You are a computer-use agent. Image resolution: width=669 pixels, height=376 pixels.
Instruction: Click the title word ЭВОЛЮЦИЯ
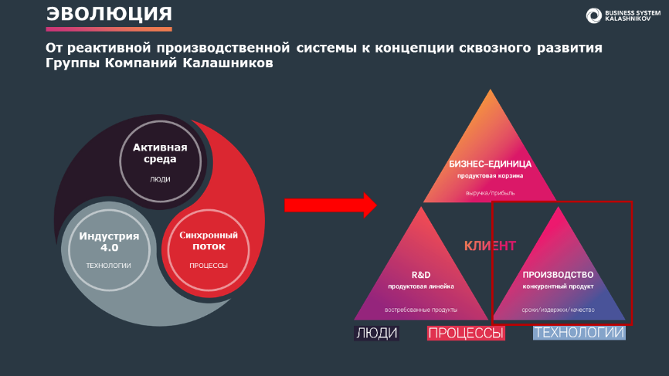(109, 14)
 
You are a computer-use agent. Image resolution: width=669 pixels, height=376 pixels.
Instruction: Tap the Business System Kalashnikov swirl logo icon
(593, 15)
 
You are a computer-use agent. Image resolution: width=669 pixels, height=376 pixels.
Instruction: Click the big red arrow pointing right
(331, 205)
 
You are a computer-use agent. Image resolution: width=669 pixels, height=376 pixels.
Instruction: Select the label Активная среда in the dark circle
(160, 153)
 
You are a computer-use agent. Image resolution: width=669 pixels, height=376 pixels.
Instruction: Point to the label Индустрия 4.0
(109, 242)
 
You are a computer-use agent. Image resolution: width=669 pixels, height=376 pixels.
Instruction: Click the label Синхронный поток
(209, 240)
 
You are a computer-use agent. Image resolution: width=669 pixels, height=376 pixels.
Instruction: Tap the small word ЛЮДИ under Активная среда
(160, 179)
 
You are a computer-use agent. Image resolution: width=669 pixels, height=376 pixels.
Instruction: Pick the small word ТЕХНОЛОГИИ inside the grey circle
(108, 266)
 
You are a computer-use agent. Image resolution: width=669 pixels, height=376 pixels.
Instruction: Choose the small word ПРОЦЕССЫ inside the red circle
(209, 266)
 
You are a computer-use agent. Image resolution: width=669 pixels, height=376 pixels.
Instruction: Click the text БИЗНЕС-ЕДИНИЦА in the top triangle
(491, 164)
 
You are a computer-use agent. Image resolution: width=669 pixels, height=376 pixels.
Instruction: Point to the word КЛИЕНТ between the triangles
(491, 246)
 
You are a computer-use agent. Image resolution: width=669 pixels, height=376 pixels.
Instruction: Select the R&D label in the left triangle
(421, 275)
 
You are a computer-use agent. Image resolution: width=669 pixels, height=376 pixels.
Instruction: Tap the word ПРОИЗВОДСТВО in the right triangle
(558, 275)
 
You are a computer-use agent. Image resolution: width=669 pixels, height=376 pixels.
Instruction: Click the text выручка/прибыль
(491, 193)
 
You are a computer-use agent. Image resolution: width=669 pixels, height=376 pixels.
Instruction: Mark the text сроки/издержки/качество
(558, 310)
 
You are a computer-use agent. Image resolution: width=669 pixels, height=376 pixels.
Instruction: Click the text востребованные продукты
(421, 310)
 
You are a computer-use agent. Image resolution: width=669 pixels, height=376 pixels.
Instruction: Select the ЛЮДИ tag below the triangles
(377, 333)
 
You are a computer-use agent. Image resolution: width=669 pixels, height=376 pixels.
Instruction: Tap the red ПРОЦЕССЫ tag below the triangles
(466, 333)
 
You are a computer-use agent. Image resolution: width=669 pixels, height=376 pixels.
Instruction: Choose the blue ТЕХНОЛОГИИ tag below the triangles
(579, 333)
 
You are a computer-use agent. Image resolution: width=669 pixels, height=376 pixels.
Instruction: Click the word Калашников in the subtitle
(228, 63)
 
